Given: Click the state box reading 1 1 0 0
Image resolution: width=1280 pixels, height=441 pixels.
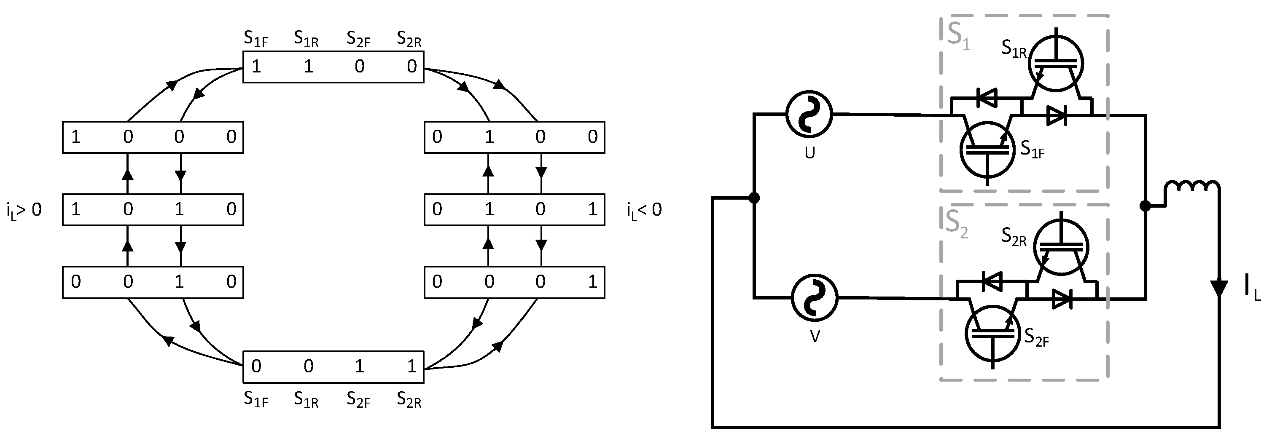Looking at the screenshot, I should coord(333,67).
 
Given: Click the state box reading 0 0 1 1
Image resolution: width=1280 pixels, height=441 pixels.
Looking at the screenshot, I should coord(333,367).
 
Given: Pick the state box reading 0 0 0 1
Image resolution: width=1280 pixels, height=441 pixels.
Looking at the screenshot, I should coord(514,282).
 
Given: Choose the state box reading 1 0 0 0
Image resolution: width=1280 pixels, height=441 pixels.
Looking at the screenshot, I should coord(153,137).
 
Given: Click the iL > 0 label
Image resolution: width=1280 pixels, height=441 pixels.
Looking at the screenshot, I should coord(24,211).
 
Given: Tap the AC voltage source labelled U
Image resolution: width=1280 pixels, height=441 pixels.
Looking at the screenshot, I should coord(809,114).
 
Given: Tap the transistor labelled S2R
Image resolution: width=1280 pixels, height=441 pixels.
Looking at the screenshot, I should coord(1061,247).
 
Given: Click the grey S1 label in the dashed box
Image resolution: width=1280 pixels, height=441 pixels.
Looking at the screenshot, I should coord(958,36).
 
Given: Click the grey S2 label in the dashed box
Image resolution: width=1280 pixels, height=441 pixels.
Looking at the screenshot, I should coord(957,224).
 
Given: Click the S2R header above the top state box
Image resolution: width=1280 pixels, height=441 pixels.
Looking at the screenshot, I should coord(409,39).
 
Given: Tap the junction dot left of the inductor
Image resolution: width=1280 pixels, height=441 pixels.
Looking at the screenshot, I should coord(1145,206).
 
